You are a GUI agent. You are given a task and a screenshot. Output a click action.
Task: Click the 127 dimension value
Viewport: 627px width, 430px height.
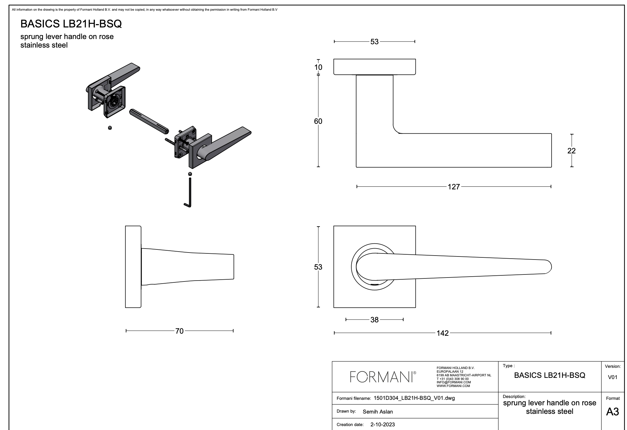point(454,187)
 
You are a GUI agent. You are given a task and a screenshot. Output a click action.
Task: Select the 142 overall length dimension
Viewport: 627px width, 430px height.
point(443,333)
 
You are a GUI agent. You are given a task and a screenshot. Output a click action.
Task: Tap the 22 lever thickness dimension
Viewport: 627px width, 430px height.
point(571,151)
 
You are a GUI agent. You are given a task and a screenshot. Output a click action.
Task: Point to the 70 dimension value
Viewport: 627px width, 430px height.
point(179,331)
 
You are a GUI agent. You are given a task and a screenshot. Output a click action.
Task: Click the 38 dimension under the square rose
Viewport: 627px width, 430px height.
point(374,320)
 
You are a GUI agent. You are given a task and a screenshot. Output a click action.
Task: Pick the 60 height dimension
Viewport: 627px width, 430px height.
point(318,121)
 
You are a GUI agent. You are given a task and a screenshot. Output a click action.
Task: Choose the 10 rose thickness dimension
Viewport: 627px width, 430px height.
point(318,67)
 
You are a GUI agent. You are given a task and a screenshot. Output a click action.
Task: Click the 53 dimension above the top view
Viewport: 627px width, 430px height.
point(374,42)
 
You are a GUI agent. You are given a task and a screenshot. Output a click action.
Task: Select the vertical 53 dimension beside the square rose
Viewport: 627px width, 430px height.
point(318,267)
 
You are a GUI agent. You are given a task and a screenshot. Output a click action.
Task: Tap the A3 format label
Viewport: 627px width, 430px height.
point(612,412)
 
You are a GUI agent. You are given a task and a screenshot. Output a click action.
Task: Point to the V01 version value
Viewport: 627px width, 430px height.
point(612,377)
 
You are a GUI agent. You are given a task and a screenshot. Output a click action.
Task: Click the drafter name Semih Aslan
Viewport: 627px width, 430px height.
point(378,412)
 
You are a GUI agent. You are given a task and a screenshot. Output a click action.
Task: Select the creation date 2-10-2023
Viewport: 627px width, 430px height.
point(382,425)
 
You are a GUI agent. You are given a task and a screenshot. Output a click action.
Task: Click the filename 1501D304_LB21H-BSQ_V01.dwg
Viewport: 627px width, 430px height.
point(414,398)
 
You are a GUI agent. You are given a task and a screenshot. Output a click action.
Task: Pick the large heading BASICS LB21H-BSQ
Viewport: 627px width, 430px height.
point(71,24)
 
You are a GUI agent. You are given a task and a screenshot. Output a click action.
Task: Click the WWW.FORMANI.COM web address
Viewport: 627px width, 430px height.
point(453,386)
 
